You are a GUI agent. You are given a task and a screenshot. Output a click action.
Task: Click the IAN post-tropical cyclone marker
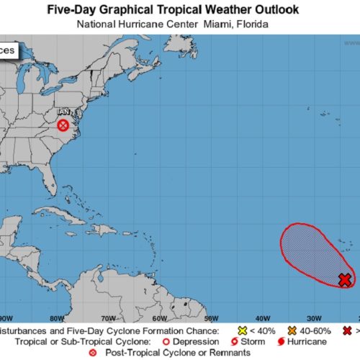[x=63, y=126]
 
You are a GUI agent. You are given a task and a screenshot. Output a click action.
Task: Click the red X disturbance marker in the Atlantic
[x=346, y=279]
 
